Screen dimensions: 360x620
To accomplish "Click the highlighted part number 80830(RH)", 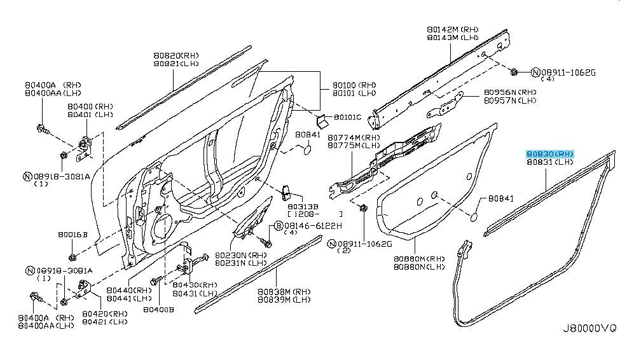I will coord(551,154).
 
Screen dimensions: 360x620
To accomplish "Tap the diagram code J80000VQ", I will coord(588,329).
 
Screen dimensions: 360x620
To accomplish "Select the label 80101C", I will coord(347,117).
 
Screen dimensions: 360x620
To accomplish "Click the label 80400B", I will coord(158,310).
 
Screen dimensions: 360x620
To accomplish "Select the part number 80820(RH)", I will coord(176,55).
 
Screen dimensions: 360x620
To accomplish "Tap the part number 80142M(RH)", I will coord(453,29).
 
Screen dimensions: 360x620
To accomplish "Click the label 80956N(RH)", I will coord(511,92).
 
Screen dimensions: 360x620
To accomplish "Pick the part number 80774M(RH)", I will coord(354,137).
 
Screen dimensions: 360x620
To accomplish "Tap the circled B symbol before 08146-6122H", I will coord(279,226).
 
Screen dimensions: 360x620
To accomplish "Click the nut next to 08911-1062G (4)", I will coord(515,71).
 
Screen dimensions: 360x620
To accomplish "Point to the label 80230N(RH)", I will coord(240,254).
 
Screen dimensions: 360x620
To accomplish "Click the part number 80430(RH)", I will coord(195,285).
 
